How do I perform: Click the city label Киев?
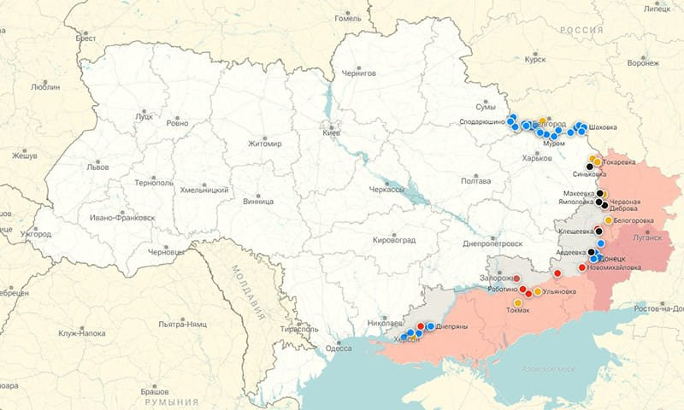331,133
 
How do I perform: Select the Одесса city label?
339,348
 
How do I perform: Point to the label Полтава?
475,181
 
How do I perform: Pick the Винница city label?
258,201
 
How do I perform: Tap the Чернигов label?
359,73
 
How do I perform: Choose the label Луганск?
647,237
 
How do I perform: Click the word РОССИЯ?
582,30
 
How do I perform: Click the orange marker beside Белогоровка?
608,220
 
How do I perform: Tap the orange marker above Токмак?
518,302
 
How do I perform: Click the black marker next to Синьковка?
590,166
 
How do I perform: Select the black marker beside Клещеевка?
599,230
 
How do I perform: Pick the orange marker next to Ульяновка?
538,292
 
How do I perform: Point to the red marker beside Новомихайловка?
582,267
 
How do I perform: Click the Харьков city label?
536,158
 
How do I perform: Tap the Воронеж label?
643,62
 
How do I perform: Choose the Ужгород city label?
36,234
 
